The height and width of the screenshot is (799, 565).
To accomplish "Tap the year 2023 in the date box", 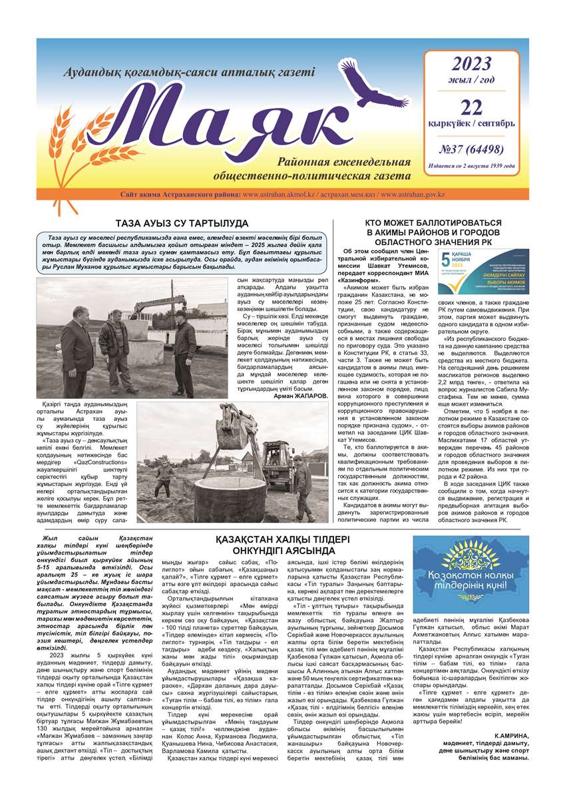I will point(471,64).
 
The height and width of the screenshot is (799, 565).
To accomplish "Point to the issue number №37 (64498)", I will point(471,148).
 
